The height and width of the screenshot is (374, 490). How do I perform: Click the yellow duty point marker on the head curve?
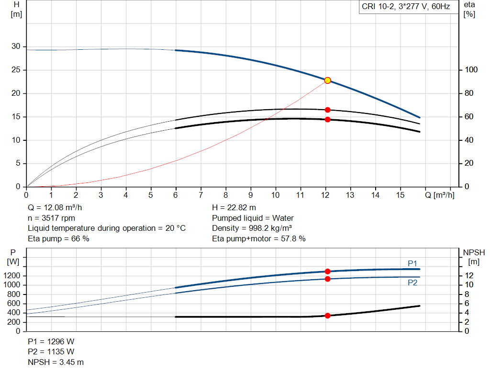327,80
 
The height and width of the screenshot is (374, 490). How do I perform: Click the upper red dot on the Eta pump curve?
327,110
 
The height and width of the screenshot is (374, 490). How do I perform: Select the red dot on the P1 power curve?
327,272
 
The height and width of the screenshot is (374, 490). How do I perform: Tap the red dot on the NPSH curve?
327,316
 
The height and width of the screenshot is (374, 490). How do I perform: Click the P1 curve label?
412,263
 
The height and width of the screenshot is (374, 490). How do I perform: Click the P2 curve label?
412,283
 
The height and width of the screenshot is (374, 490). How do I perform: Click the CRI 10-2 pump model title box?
406,7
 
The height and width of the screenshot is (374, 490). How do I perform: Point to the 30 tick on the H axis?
16,46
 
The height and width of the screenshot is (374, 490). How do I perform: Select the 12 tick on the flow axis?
325,195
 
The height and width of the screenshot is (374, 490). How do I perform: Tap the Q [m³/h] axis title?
439,195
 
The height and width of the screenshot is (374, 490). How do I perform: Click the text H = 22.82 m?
234,208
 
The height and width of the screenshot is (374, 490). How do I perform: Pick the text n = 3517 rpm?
52,218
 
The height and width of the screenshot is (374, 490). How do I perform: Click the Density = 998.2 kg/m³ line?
252,228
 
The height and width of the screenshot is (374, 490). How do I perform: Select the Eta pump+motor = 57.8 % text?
258,238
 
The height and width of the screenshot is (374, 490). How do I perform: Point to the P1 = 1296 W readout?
51,341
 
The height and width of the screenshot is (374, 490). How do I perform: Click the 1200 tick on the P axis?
13,276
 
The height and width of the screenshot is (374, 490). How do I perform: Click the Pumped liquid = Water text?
253,218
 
